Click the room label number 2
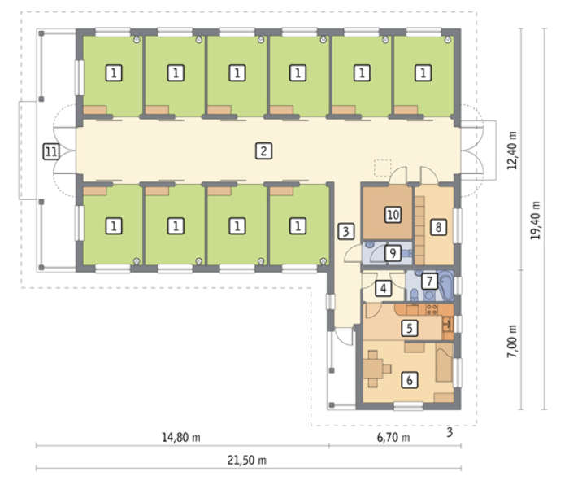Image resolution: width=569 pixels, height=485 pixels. (264, 151)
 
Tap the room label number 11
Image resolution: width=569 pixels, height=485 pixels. (51, 151)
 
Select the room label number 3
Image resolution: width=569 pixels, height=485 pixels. (345, 231)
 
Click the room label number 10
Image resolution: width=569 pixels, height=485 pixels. (393, 214)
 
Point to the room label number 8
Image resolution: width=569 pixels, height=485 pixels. (438, 227)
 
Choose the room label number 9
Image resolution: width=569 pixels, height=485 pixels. (393, 252)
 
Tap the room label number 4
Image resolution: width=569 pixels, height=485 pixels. (383, 288)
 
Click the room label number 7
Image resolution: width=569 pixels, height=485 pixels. (429, 281)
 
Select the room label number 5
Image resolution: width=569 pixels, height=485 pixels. (410, 328)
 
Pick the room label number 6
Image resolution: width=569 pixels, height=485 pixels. (410, 380)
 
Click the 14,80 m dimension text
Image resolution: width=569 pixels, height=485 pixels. (180, 437)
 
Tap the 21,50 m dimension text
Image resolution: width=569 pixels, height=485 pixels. (247, 461)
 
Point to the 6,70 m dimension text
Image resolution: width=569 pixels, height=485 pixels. (393, 437)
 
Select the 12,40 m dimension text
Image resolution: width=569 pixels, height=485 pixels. (512, 151)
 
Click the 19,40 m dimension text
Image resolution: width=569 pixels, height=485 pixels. (536, 221)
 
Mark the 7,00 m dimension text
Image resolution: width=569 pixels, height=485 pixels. (512, 341)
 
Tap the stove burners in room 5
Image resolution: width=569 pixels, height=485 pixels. (432, 309)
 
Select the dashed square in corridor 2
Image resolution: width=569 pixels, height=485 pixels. (383, 168)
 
